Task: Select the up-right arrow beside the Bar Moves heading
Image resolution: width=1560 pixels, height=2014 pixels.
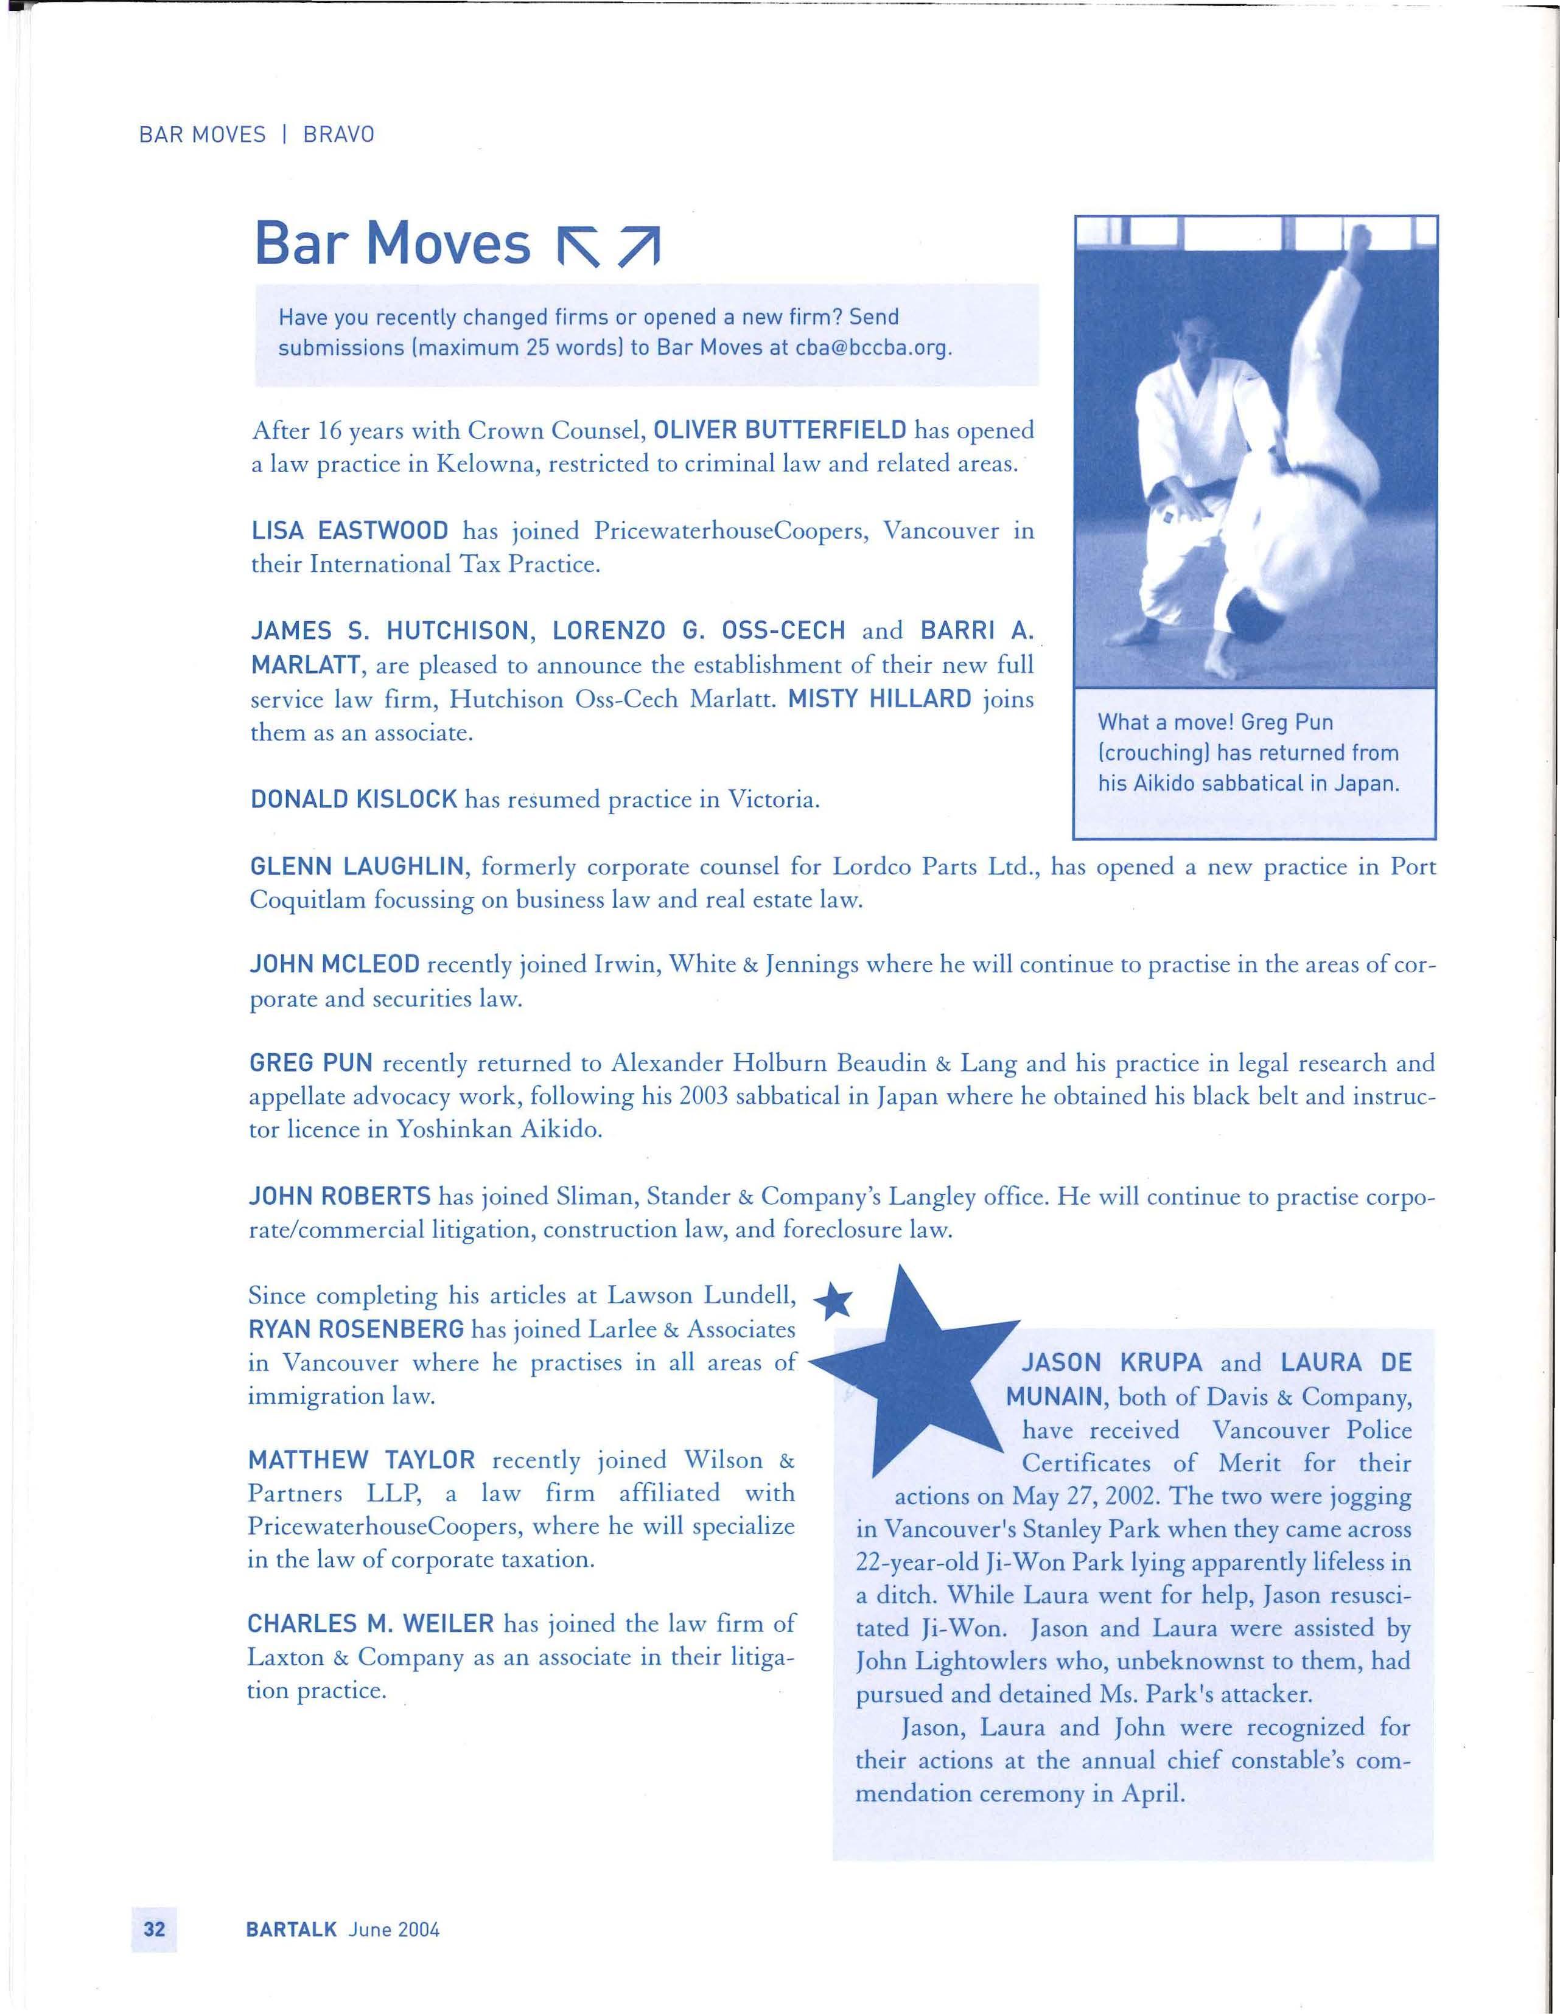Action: pyautogui.click(x=638, y=246)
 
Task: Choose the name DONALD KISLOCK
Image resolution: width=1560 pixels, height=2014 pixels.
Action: pyautogui.click(x=354, y=798)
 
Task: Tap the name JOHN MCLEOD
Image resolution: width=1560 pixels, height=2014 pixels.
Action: pyautogui.click(x=335, y=964)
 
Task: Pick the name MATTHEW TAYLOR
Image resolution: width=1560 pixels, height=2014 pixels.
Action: pyautogui.click(x=362, y=1460)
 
